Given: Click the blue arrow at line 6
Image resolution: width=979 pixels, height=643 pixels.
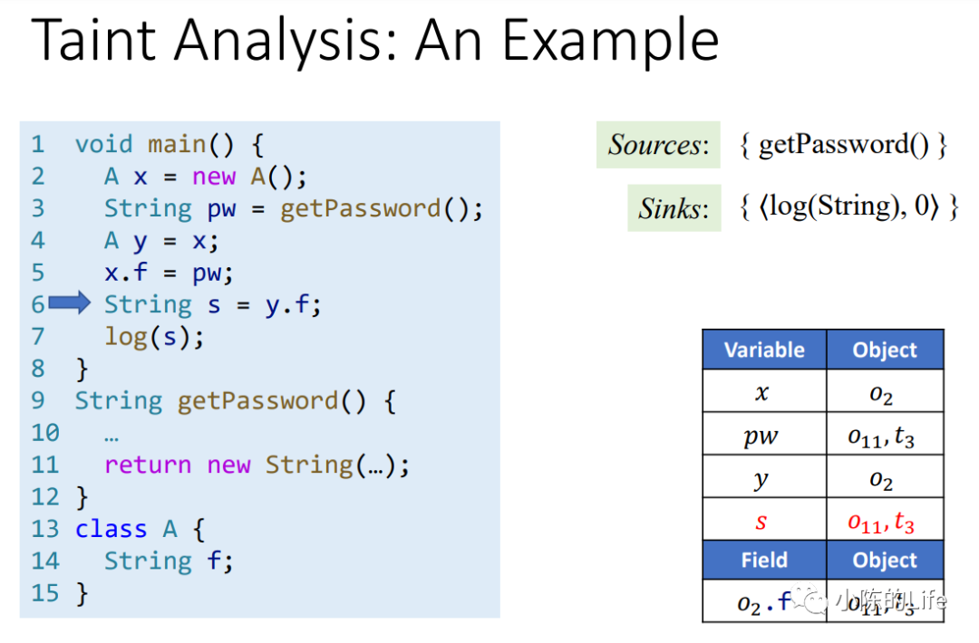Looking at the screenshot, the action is click(69, 304).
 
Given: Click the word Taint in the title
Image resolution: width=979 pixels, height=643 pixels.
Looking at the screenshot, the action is click(99, 40).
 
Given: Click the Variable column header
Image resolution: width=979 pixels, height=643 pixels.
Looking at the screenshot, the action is click(764, 350).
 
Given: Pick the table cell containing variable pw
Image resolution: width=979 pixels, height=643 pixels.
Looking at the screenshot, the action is click(763, 437).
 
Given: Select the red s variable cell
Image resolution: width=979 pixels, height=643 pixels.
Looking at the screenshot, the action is click(763, 523).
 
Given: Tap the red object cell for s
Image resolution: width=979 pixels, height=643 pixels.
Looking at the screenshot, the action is click(885, 523).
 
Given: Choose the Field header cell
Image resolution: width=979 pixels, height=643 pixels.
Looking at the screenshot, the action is click(764, 561).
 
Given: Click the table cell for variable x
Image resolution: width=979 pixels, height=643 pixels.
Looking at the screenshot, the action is click(763, 393).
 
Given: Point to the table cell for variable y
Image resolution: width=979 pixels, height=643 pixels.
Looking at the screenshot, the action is click(763, 480).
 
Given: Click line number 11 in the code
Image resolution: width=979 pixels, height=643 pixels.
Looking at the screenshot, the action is click(44, 465).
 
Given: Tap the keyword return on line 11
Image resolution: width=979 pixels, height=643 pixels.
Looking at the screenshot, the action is click(148, 465).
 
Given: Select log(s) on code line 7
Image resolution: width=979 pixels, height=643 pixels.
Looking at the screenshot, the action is click(154, 337).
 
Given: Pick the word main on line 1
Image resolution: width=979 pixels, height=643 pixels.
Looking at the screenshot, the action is click(178, 144).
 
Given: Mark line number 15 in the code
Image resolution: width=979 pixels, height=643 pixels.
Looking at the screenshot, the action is click(44, 594).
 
